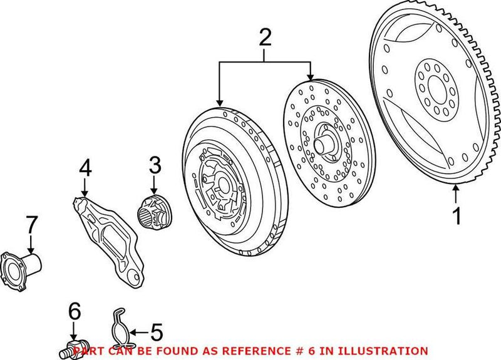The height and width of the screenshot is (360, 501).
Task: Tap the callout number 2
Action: tap(266, 39)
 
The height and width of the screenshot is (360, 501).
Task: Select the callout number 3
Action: tap(155, 167)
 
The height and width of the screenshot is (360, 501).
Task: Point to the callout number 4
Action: tap(85, 168)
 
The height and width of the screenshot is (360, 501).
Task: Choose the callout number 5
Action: tap(157, 331)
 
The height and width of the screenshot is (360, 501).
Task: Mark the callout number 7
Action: tap(31, 224)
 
